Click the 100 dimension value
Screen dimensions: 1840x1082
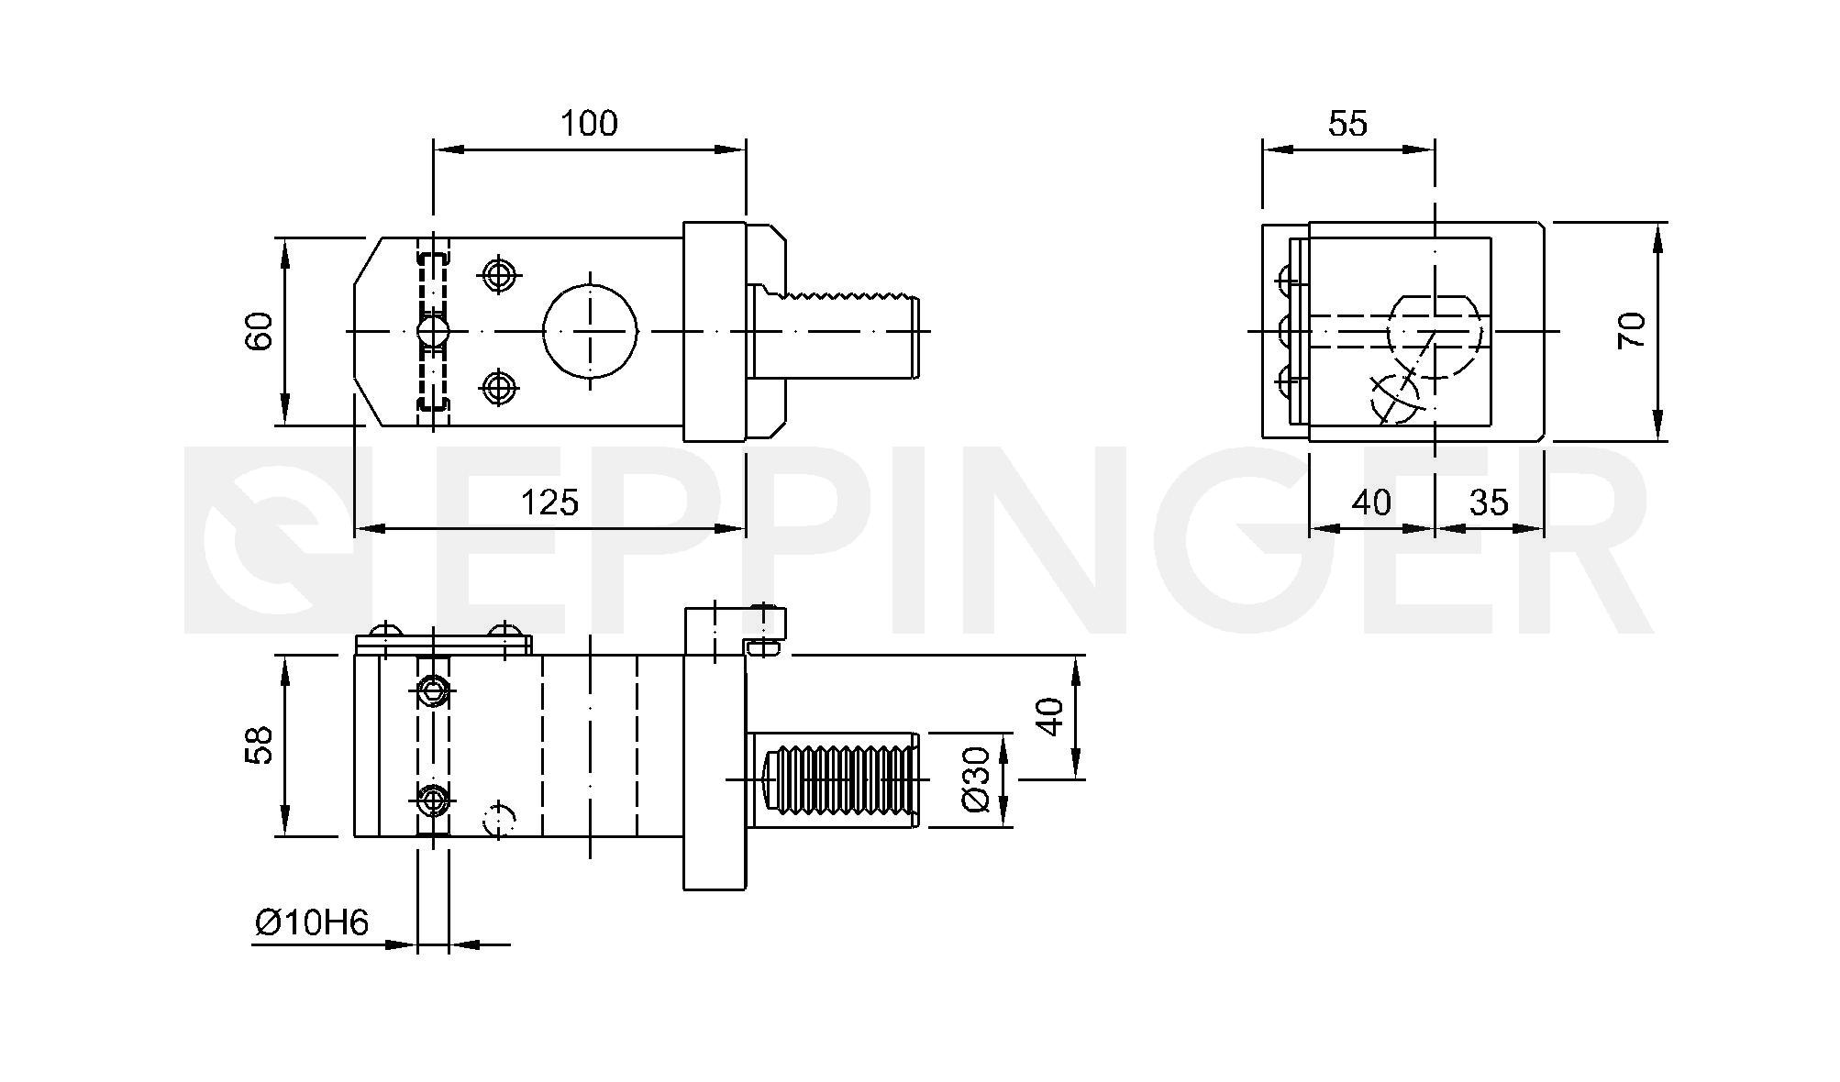[x=589, y=123]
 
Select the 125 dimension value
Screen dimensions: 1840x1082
[x=549, y=502]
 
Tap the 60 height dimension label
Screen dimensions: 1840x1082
[x=260, y=331]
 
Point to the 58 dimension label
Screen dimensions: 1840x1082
[x=260, y=745]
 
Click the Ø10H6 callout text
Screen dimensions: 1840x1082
[x=312, y=922]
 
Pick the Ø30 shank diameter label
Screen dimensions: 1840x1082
[x=976, y=779]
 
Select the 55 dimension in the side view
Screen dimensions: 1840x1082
[x=1347, y=123]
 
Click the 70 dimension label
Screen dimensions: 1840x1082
[x=1633, y=330]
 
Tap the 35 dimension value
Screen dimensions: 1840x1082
[x=1489, y=502]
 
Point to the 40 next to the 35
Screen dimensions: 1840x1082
[x=1371, y=502]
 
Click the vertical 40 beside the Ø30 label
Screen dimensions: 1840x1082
[x=1051, y=716]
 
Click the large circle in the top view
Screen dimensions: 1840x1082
[x=590, y=331]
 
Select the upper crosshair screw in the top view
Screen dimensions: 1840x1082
[x=498, y=274]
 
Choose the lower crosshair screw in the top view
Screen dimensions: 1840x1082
[x=498, y=387]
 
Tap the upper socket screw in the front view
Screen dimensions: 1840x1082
[x=432, y=690]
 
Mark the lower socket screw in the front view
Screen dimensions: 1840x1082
[x=432, y=801]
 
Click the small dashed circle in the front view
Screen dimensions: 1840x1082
[x=499, y=818]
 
